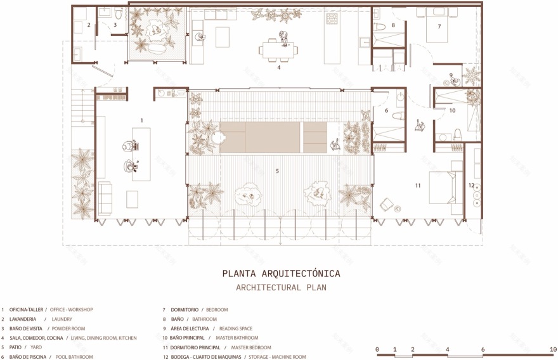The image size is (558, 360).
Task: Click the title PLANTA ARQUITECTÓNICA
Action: (x=281, y=274)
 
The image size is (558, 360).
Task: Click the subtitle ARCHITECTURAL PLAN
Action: (x=281, y=287)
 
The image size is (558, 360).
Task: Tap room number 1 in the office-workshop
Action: (x=142, y=120)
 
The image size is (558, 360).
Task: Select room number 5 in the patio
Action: (x=277, y=170)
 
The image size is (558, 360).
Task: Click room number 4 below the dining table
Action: (x=278, y=67)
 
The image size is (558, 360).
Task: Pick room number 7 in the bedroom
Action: (x=439, y=27)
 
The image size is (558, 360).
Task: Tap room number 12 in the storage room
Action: (x=470, y=185)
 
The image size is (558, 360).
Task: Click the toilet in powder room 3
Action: (x=119, y=13)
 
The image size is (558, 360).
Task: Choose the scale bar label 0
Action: (x=377, y=350)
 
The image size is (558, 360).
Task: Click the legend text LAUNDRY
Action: (x=62, y=319)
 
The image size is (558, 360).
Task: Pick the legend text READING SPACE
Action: (x=237, y=328)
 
